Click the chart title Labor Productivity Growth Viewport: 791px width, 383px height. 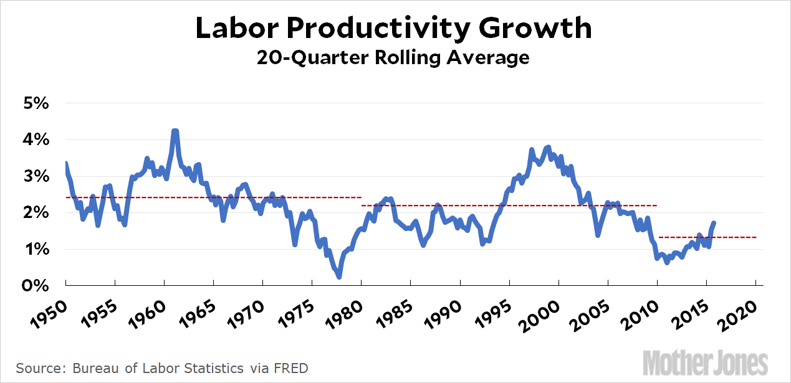tap(394, 28)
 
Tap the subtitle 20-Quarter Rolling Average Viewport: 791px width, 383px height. tap(394, 58)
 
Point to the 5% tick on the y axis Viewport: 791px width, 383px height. tap(36, 103)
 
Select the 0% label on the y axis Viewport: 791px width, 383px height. tap(36, 286)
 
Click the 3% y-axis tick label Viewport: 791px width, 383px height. tap(36, 176)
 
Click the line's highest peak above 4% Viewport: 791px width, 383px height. tap(175, 131)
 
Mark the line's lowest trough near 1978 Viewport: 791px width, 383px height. tap(339, 277)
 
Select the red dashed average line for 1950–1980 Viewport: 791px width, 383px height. tap(212, 197)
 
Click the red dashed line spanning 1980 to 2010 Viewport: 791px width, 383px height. tap(508, 206)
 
